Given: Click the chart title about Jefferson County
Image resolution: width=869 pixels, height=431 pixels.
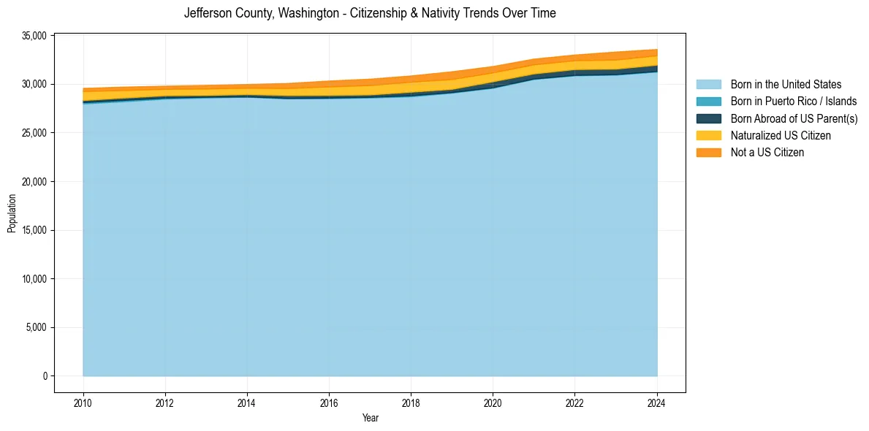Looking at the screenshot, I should point(370,13).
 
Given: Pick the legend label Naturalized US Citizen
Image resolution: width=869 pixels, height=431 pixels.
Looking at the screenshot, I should point(781,135).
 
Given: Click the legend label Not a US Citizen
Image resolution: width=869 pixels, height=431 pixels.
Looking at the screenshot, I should point(767,152).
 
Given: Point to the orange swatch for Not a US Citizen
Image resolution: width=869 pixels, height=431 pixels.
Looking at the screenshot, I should point(708,152).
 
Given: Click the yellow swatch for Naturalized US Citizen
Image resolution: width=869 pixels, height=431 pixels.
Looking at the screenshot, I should point(708,135).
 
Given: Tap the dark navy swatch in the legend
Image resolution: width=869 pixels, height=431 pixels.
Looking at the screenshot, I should point(708,118).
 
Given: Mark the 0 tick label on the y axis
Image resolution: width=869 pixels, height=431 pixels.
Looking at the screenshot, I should point(45,376).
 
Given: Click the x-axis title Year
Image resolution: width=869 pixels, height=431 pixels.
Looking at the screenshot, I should point(370,418).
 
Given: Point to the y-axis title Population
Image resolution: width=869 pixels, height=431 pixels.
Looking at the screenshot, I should point(12,213).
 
